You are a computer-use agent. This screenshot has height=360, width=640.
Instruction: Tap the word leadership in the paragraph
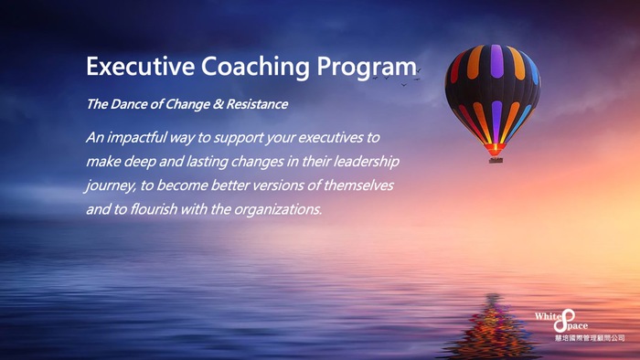click(364, 161)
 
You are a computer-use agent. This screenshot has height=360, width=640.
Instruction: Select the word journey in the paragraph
click(109, 185)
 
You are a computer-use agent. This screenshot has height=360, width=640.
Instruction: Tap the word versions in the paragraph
click(273, 185)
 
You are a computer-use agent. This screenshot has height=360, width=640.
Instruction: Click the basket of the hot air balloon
click(496, 159)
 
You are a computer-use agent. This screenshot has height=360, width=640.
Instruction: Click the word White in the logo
click(548, 317)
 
